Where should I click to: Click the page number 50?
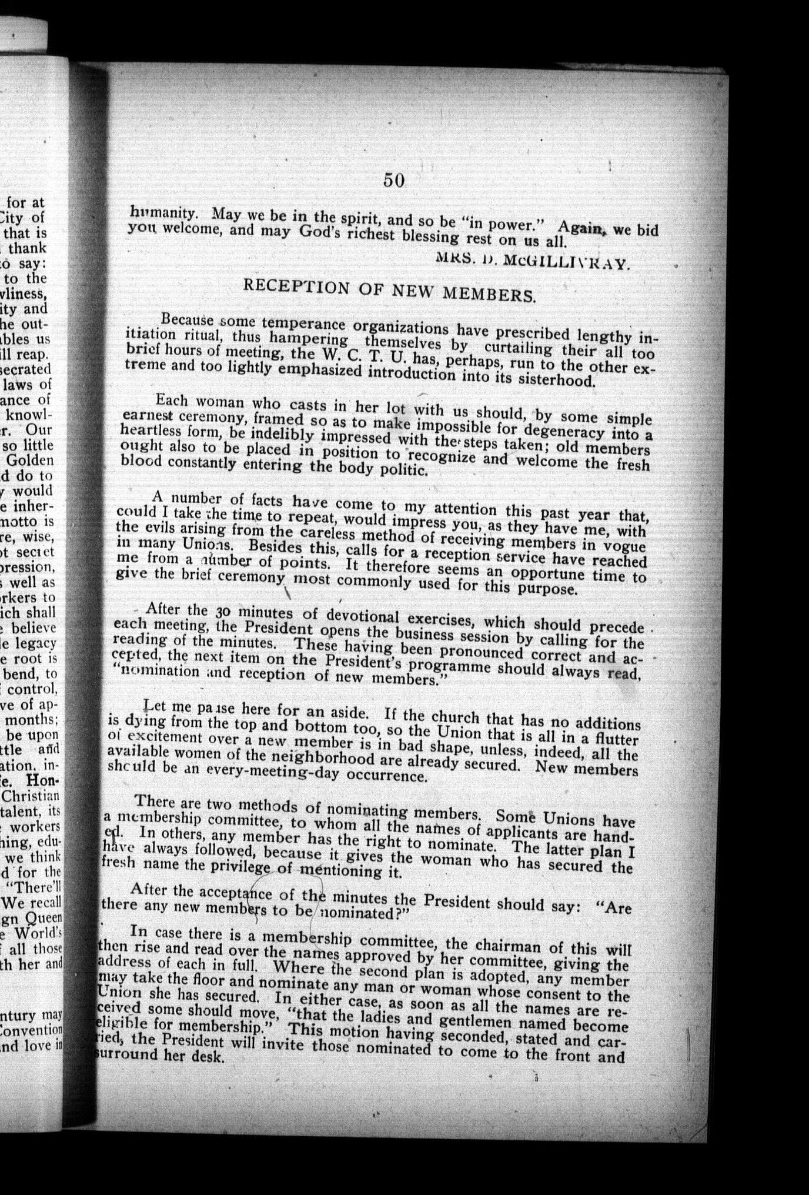click(x=393, y=180)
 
